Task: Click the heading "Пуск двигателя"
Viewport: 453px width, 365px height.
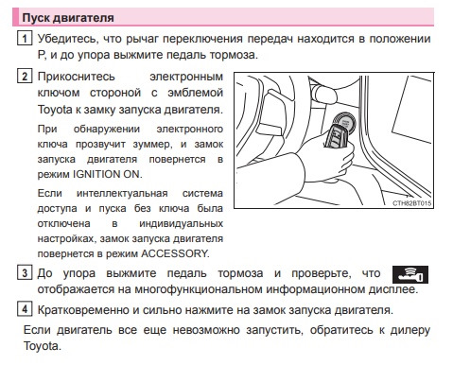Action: [x=68, y=18]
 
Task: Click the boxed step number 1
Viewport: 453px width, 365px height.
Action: [x=25, y=39]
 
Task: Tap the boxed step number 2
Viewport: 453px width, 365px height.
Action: [x=25, y=77]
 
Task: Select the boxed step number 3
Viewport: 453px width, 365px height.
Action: [x=25, y=272]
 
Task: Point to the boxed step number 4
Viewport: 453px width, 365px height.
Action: [x=25, y=309]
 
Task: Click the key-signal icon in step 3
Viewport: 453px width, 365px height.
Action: [x=410, y=274]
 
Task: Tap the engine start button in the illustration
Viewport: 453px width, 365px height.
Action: [x=345, y=121]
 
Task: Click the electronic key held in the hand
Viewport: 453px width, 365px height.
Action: [x=337, y=136]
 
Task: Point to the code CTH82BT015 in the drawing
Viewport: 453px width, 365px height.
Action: [x=411, y=203]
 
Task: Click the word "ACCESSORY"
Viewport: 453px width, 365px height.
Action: [x=175, y=253]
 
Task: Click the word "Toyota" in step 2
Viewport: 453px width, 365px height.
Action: [x=55, y=110]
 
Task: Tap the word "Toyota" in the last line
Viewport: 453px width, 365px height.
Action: [x=41, y=346]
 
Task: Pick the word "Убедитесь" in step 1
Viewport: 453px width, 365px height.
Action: [x=66, y=39]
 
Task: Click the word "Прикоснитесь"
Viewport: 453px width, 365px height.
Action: [x=77, y=77]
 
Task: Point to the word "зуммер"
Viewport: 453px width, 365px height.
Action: [x=152, y=145]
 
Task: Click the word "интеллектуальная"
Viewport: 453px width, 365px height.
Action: [x=122, y=193]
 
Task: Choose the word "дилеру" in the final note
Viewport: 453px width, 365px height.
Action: [x=410, y=330]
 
